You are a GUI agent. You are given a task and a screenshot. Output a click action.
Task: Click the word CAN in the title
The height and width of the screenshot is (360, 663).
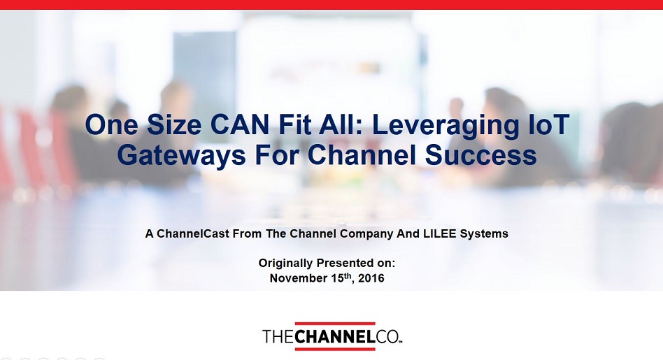pos(239,124)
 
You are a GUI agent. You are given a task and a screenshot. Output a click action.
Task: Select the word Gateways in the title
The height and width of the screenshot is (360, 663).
pos(181,155)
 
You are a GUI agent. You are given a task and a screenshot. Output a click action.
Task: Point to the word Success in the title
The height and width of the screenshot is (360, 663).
pos(481,155)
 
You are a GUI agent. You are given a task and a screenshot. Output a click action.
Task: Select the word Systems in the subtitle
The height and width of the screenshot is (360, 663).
pos(484,234)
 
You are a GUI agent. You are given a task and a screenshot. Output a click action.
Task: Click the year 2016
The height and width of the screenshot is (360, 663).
pos(371,278)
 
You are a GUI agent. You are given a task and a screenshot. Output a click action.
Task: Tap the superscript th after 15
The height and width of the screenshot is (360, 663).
pos(348,275)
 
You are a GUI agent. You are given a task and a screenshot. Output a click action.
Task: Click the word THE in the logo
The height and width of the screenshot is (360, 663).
pos(278,337)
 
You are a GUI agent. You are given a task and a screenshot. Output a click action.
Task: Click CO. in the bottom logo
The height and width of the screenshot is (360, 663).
pos(387,337)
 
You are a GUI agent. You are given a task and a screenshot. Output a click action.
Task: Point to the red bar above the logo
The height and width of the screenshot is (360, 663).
pos(335,323)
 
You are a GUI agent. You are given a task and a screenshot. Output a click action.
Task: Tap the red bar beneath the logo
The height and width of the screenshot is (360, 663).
pos(335,349)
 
